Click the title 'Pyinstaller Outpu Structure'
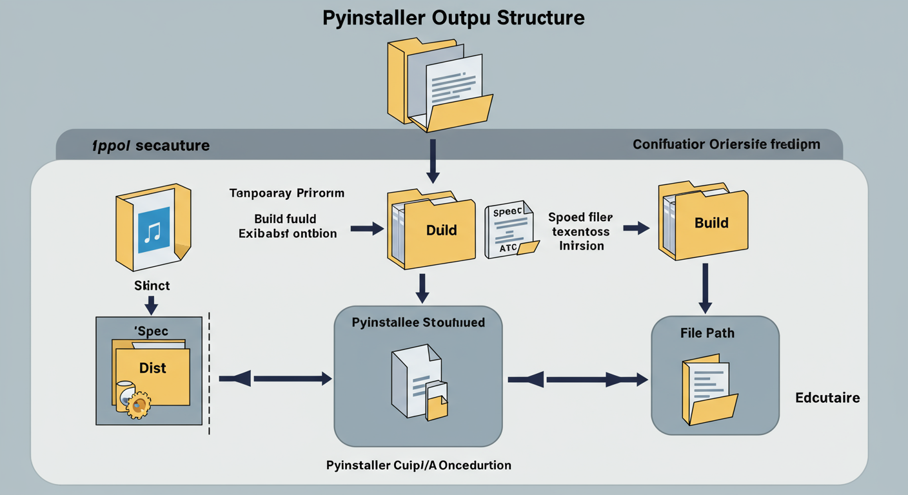point(453,17)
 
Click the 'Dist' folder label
point(153,368)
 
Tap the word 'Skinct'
point(152,285)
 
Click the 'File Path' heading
point(707,333)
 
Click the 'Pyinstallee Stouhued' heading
point(419,322)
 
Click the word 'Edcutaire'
point(827,398)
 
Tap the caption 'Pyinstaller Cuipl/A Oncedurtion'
point(419,465)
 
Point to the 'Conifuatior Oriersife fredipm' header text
point(726,144)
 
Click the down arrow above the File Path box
point(706,288)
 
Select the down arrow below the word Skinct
point(152,304)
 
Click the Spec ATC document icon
point(509,229)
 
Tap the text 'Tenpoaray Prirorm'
point(286,193)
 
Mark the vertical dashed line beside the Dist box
point(210,374)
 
